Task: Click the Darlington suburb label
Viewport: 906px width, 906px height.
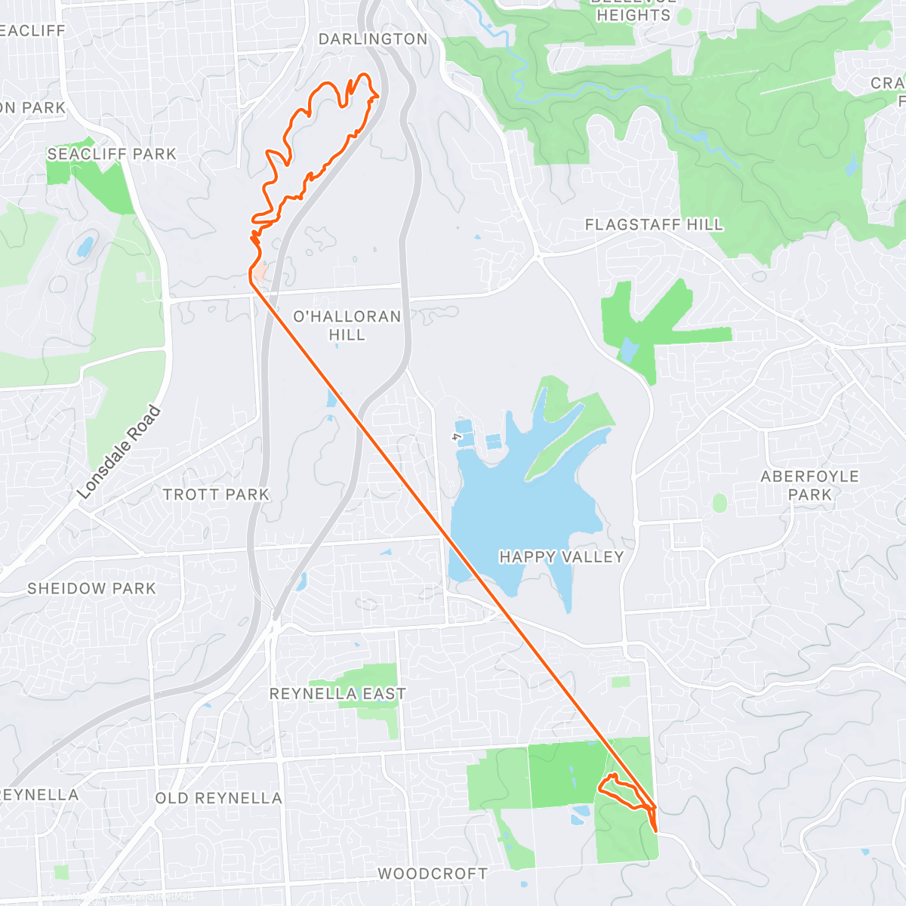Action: (372, 39)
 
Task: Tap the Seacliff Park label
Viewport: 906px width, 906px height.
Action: (112, 154)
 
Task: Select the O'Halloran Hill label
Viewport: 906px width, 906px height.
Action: (347, 325)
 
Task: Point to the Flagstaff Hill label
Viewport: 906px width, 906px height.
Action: (654, 224)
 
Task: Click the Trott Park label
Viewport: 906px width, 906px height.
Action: (216, 495)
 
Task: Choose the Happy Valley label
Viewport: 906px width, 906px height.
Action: (562, 557)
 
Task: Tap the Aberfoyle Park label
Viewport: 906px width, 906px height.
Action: (809, 485)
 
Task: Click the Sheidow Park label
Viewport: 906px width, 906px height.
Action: (91, 588)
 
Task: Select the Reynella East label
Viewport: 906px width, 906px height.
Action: (337, 693)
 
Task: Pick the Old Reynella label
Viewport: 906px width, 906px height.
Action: (218, 798)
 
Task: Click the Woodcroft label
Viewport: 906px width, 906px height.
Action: (433, 874)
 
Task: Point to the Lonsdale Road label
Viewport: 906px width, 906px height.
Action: (119, 452)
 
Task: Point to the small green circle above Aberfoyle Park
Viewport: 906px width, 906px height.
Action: (720, 503)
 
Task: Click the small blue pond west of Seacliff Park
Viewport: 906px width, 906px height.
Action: (85, 246)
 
